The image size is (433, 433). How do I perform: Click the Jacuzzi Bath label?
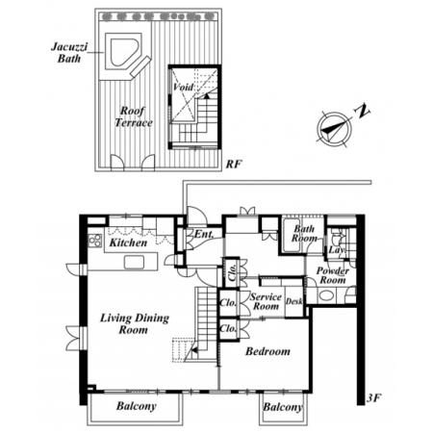pos(69,53)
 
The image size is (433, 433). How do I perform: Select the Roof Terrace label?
pos(133,116)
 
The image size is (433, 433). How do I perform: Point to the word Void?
pos(183,87)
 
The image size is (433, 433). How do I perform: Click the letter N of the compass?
pos(362,111)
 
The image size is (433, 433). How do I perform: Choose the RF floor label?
pos(234,165)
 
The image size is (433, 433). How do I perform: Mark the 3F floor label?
pos(374,398)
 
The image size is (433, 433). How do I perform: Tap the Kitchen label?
pos(128,242)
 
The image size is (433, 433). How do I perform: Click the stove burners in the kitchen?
pos(95,241)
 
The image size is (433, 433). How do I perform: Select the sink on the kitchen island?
pos(134,263)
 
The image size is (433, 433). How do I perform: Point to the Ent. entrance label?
pos(204,234)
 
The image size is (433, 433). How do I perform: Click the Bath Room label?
pos(304,234)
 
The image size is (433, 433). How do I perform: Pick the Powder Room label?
pos(333,275)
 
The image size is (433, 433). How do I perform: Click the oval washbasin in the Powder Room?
pos(326,295)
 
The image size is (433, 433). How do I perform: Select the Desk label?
pos(293,301)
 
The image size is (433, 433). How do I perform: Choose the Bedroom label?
pos(267,351)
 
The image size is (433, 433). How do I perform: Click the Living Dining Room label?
pos(135,324)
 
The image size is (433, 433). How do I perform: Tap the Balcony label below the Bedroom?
pos(283,407)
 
